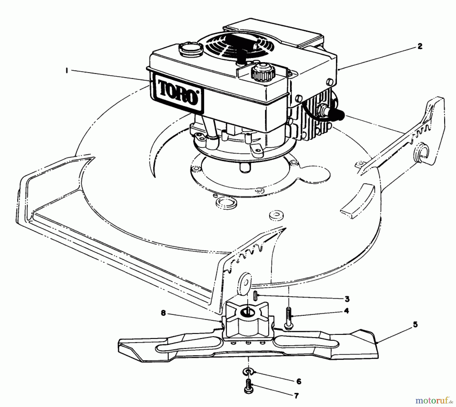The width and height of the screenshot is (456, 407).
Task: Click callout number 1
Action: [x=67, y=71]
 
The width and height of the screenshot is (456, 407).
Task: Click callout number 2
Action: [x=420, y=46]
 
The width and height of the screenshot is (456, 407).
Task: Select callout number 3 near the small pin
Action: [x=347, y=299]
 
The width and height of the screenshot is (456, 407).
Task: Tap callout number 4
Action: [x=346, y=311]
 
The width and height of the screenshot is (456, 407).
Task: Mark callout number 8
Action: [x=163, y=313]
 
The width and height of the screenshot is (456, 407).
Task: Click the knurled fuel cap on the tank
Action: [x=263, y=73]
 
